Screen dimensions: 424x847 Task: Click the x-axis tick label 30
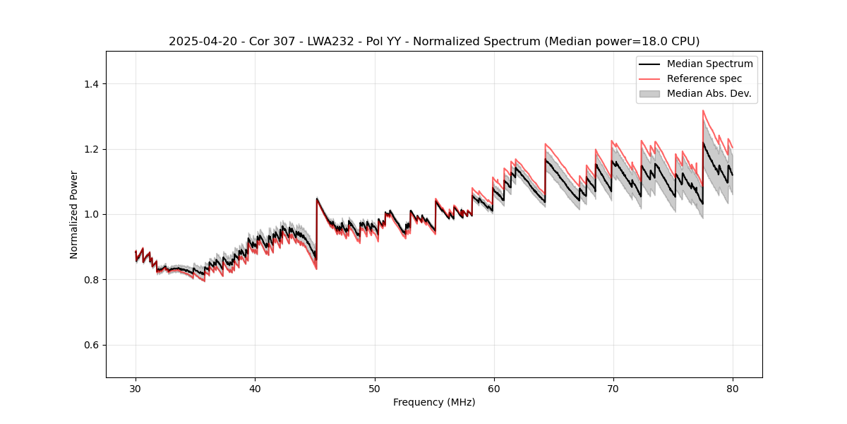point(136,388)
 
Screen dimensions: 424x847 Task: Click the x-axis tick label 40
point(255,388)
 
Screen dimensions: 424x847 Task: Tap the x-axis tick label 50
point(374,388)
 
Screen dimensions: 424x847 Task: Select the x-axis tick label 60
point(493,388)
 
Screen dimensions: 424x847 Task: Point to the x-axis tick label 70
point(613,388)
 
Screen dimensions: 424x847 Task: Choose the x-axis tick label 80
point(732,388)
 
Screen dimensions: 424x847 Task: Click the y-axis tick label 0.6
point(92,345)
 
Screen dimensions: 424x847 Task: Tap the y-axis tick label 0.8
point(92,280)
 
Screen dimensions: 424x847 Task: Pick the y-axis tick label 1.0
point(92,214)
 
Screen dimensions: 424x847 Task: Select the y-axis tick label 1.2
point(92,149)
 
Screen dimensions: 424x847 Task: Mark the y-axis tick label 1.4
point(92,84)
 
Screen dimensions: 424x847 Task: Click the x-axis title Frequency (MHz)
point(434,402)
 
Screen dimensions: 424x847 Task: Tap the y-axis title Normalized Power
point(74,214)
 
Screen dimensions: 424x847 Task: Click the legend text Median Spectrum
point(709,64)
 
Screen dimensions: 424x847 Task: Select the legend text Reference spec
point(704,78)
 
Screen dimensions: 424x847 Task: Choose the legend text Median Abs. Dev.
point(709,93)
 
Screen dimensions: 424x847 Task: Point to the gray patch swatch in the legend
point(649,93)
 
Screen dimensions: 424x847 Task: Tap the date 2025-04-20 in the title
point(200,42)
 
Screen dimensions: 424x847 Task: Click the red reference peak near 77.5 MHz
point(703,111)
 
